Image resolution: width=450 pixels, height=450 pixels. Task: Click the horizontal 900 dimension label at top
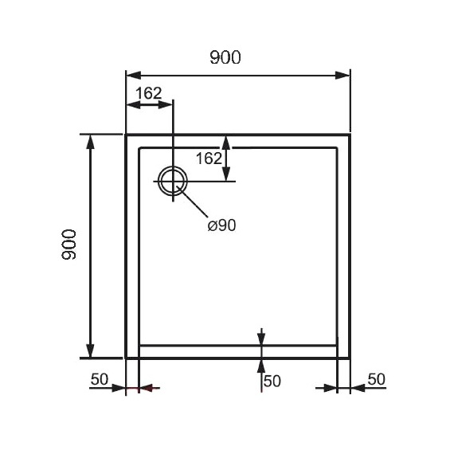(x=225, y=57)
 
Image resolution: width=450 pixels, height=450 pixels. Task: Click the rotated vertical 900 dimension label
(x=69, y=245)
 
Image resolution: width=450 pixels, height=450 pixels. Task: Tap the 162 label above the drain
(x=148, y=93)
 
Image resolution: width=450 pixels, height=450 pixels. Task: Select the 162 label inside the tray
(x=209, y=158)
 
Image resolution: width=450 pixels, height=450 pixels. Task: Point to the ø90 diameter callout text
(x=221, y=225)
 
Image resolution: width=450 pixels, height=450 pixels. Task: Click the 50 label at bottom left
(x=100, y=379)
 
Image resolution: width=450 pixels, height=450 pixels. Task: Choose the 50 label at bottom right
(x=376, y=379)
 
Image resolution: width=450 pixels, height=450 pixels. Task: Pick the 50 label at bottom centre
(x=272, y=382)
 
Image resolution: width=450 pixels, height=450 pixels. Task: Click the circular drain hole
(x=173, y=181)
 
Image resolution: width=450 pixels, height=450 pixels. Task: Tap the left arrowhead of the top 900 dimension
(x=134, y=76)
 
